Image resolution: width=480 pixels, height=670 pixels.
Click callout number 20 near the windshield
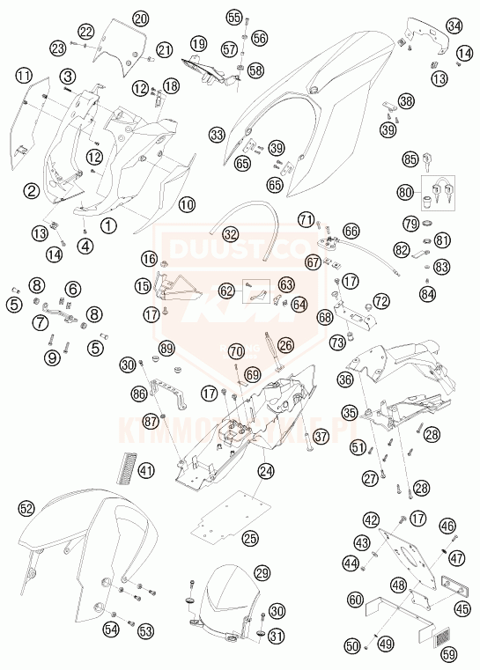141,18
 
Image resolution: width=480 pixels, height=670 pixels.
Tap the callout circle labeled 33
218,135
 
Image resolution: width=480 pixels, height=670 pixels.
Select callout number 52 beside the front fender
26,507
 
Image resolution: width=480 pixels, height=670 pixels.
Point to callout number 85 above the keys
410,159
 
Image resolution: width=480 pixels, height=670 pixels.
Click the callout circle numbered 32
230,234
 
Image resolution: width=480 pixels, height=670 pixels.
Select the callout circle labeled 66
351,231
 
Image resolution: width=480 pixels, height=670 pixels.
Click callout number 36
345,380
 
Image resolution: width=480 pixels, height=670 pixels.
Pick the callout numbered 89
166,349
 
